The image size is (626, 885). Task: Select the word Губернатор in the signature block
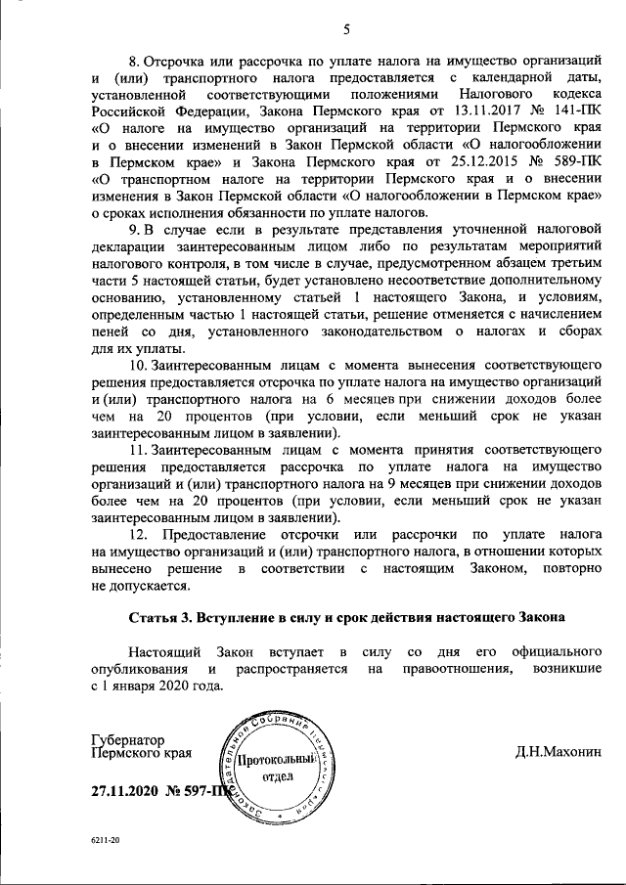(128, 740)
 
